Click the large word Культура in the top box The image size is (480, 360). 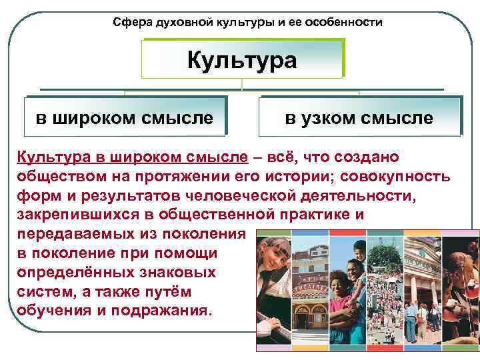(x=241, y=61)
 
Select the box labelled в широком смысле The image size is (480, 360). (x=125, y=118)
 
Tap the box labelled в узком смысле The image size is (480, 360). (x=359, y=118)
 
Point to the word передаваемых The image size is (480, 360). (x=71, y=235)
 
